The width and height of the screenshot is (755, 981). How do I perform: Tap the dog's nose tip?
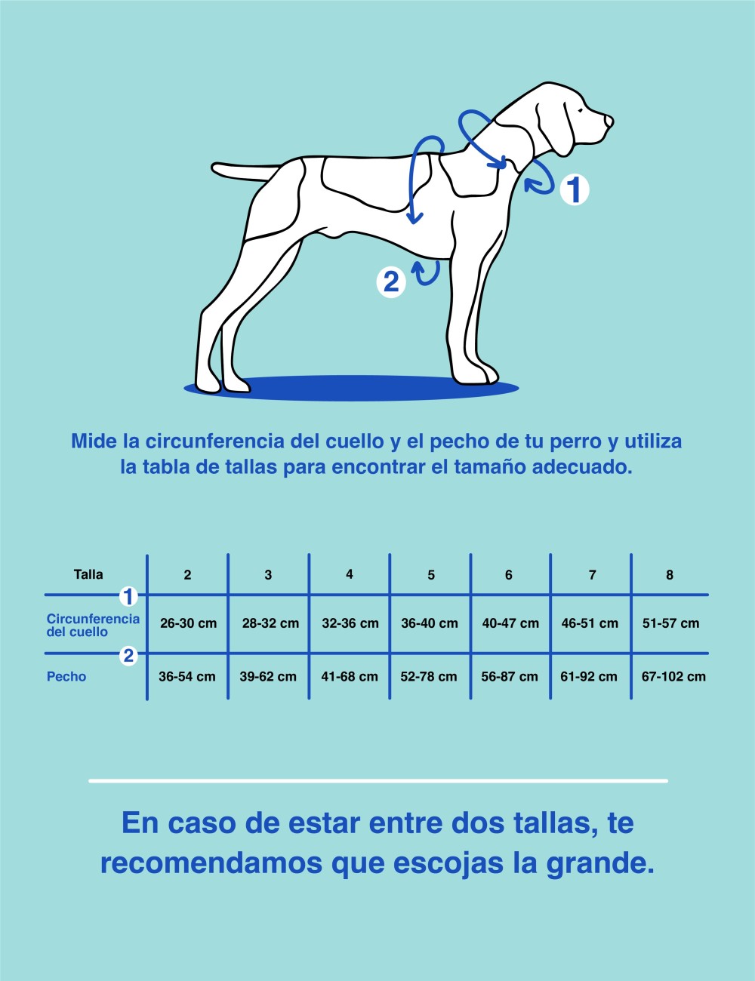coord(609,120)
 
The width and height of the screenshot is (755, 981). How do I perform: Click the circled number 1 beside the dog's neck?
coord(574,189)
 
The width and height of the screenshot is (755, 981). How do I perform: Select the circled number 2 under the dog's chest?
coord(391,281)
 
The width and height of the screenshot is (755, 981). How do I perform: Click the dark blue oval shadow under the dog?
coord(351,388)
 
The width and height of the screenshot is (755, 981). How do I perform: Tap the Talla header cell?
coord(88,574)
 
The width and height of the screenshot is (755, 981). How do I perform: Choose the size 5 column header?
coord(430,575)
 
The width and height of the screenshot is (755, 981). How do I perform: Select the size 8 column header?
coord(669,575)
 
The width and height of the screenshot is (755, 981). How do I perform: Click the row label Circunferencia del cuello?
coord(92,626)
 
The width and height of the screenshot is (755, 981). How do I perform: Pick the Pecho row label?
coord(66,677)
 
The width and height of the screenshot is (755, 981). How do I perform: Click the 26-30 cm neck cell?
coord(188,623)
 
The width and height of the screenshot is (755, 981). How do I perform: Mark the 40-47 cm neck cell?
coord(510,623)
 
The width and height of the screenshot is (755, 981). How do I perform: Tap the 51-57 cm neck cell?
coord(670,623)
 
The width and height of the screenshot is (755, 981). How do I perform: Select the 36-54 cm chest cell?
coord(186,677)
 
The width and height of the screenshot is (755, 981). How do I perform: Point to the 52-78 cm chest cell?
coord(429,677)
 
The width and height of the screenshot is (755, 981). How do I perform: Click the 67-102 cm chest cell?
coord(673,677)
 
